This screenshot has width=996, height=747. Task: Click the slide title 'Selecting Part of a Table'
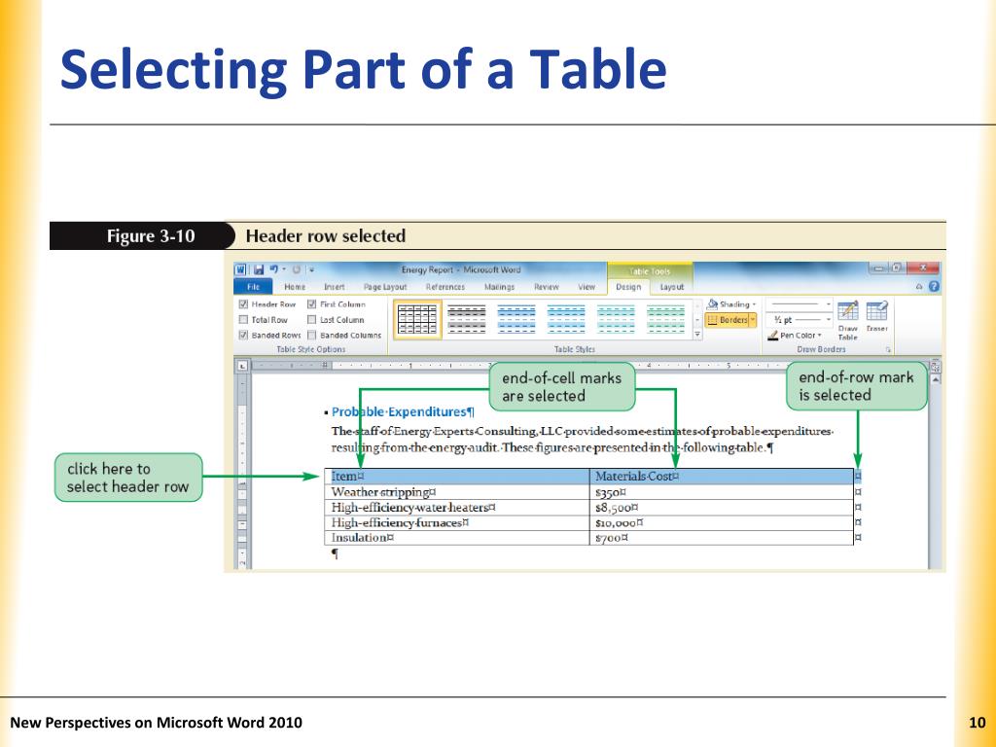pyautogui.click(x=362, y=72)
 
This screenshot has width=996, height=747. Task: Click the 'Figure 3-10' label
pyautogui.click(x=144, y=236)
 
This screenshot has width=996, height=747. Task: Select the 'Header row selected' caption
pyautogui.click(x=325, y=236)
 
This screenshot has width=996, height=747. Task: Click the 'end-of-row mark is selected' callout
pyautogui.click(x=855, y=385)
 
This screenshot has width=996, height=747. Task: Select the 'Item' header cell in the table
pyautogui.click(x=345, y=477)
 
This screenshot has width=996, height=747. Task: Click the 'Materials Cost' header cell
pyautogui.click(x=636, y=477)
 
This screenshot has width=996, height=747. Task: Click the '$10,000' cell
pyautogui.click(x=619, y=522)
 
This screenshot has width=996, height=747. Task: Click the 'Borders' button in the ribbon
pyautogui.click(x=730, y=319)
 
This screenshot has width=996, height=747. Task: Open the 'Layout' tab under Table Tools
pyautogui.click(x=672, y=287)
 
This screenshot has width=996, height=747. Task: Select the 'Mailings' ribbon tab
pyautogui.click(x=499, y=287)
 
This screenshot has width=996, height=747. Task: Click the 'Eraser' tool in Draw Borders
pyautogui.click(x=876, y=317)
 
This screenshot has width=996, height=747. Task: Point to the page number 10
pyautogui.click(x=978, y=722)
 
